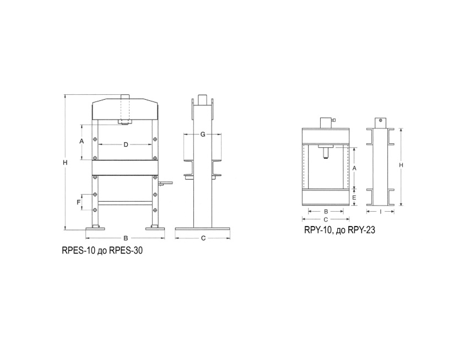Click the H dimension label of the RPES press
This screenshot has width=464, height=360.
pos(65,163)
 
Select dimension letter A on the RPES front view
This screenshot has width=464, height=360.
pos(82,141)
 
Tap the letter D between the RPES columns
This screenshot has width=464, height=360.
pos(126,144)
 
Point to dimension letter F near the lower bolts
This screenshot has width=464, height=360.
pos(78,202)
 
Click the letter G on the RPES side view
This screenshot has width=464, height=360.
pos(203,135)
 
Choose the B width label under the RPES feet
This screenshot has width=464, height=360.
pos(126,238)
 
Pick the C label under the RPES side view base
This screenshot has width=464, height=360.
pos(203,238)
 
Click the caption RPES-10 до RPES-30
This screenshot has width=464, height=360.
pos(102,250)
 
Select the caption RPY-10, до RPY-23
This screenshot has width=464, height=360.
pos(339,230)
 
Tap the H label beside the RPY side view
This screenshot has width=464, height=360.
pos(401,165)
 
